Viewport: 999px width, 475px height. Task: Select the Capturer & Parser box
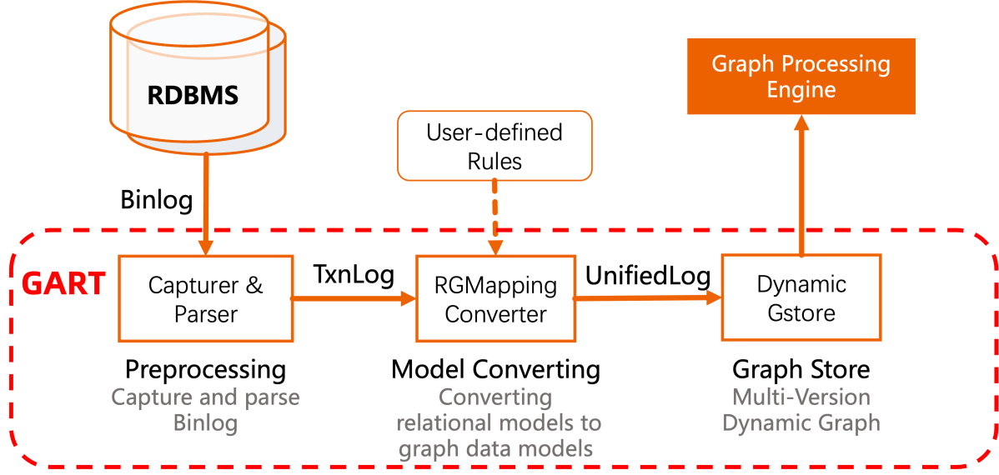205,298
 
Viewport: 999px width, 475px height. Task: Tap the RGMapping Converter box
495,298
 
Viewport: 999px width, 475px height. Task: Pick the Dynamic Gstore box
801,297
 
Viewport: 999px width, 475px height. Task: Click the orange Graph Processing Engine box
801,77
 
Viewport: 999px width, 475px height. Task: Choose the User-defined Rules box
494,146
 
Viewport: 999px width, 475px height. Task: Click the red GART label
63,284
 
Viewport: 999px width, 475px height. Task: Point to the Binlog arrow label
157,200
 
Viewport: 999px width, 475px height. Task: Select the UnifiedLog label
648,275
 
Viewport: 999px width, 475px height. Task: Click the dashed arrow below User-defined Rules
494,217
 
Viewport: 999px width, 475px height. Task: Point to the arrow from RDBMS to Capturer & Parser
204,208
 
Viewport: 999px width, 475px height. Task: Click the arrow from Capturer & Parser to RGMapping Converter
354,297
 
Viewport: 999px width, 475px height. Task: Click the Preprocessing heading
205,369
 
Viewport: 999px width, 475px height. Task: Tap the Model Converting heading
495,369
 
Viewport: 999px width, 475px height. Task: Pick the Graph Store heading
801,369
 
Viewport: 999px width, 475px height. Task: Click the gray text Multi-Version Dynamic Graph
801,410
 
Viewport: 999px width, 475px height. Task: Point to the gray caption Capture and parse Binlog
205,410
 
